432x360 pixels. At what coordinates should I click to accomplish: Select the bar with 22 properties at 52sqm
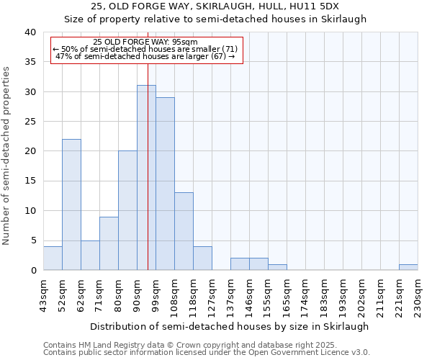click(x=71, y=204)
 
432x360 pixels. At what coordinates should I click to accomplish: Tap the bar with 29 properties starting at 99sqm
click(x=165, y=184)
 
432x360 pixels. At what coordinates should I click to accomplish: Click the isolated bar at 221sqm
click(x=408, y=267)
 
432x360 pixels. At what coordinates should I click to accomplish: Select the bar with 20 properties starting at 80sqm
click(x=127, y=210)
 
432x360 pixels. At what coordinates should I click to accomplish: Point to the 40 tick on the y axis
click(x=30, y=32)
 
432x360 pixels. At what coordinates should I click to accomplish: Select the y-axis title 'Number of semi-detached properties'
click(x=7, y=156)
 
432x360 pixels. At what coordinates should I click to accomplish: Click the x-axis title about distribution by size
click(x=230, y=326)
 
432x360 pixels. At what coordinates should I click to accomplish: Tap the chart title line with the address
click(x=216, y=7)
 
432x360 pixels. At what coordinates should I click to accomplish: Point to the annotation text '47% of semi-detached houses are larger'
click(x=145, y=56)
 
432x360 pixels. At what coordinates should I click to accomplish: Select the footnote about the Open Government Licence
click(x=207, y=353)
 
